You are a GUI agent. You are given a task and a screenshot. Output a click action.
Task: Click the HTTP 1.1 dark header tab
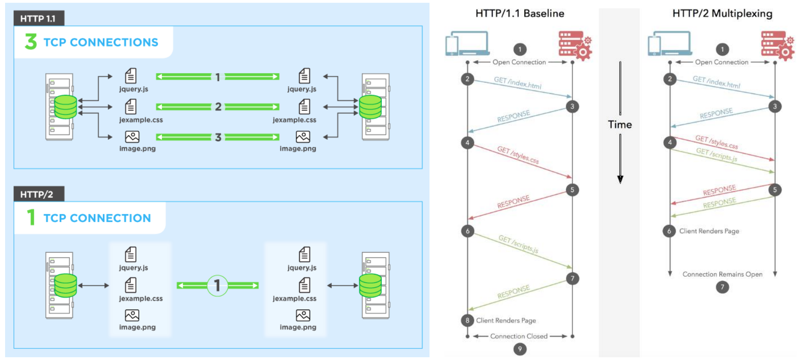[38, 19]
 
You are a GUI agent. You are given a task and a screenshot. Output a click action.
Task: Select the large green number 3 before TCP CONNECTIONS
[31, 42]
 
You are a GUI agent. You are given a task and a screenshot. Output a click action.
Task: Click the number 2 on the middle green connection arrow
[218, 107]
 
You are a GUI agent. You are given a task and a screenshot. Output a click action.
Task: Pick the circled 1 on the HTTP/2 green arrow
[217, 286]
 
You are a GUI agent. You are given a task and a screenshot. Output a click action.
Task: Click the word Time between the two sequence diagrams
[620, 124]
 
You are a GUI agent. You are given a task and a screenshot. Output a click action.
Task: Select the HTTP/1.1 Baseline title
[520, 13]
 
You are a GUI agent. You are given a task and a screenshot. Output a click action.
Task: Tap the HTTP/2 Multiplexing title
[722, 13]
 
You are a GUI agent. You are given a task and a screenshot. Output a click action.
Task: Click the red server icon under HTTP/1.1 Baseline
[575, 46]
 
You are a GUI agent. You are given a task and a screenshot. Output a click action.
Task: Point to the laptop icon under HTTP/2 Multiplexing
[670, 43]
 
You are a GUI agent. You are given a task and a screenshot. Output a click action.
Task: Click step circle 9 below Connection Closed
[520, 349]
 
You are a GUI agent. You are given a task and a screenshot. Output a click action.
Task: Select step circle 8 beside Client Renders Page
[467, 320]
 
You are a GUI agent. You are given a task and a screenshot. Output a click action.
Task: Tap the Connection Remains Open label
[722, 274]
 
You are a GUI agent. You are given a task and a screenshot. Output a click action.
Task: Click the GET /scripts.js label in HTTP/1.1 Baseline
[518, 244]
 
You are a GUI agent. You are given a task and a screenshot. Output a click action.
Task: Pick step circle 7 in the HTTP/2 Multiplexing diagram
[722, 287]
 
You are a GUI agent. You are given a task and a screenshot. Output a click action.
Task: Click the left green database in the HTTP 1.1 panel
[65, 107]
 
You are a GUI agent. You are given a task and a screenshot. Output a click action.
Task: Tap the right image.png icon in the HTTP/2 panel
[303, 316]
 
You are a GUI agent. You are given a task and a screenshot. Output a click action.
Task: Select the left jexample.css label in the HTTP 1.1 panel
[141, 120]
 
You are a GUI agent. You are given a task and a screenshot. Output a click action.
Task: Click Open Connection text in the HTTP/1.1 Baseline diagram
[519, 62]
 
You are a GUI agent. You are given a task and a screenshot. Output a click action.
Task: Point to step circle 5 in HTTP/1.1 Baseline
[572, 190]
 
